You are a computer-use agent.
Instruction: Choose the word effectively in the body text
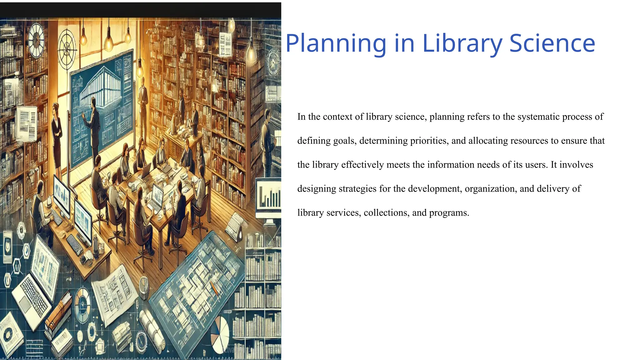[362, 165]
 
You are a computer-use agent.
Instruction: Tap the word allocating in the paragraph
[488, 141]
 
